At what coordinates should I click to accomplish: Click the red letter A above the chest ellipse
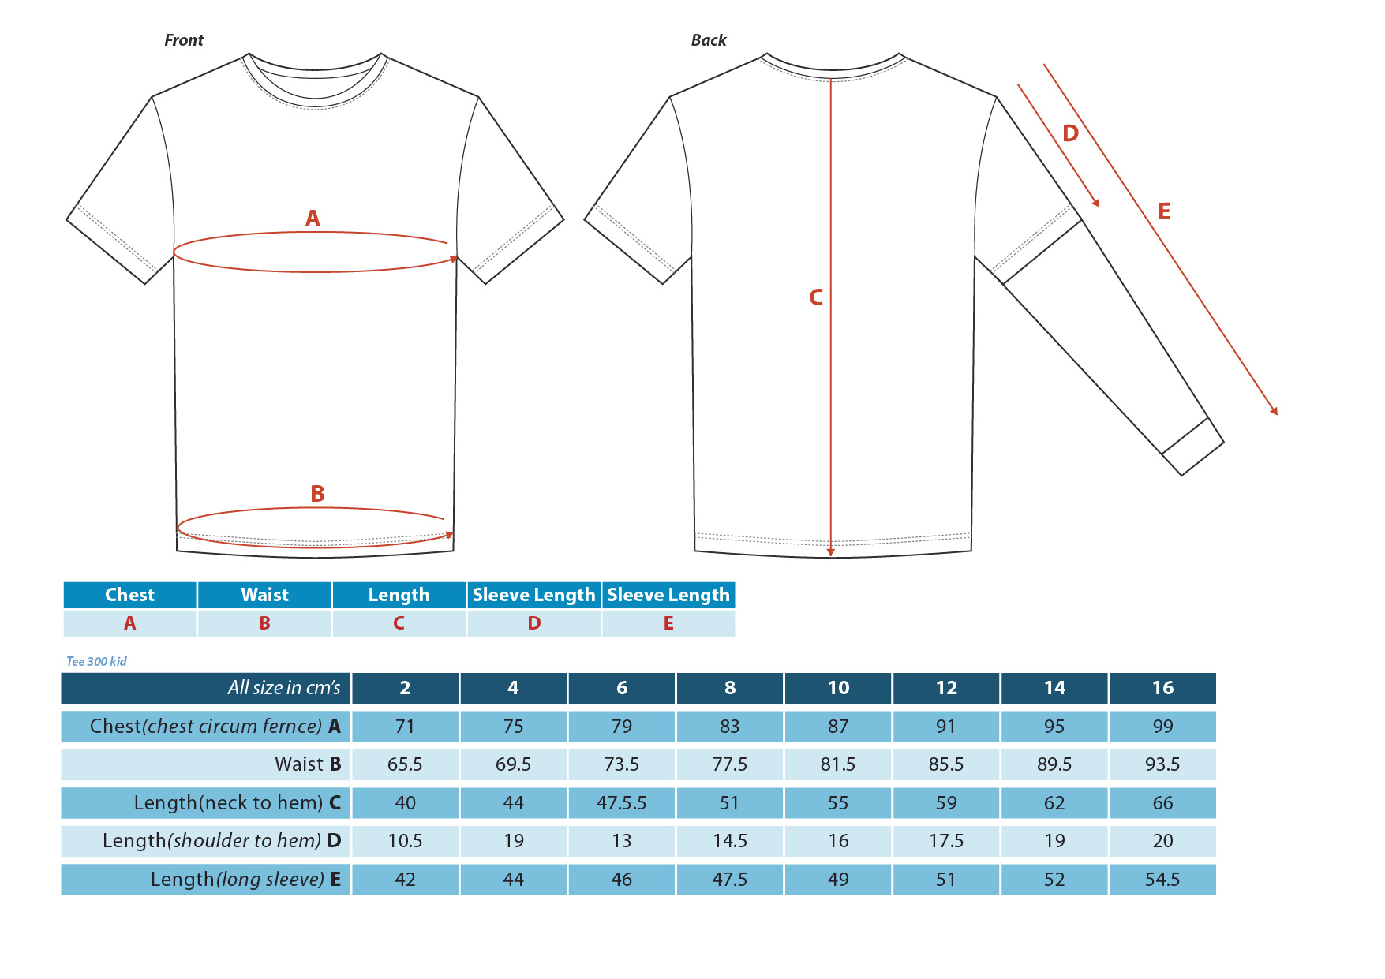(313, 219)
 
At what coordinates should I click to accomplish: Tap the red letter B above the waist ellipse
(317, 494)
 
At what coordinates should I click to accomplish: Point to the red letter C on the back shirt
(816, 297)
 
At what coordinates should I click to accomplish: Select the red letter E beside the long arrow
(1164, 211)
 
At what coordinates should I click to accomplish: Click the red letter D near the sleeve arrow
(1070, 133)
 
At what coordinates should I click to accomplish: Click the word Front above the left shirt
(184, 40)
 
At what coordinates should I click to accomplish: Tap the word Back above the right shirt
(709, 40)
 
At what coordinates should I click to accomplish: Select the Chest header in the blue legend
(130, 595)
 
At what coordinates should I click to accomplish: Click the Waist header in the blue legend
(265, 595)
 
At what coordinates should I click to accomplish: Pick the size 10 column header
(838, 688)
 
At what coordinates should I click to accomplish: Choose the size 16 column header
(1162, 688)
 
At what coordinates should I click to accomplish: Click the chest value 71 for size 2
(405, 727)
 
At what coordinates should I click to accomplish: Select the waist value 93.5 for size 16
(1162, 764)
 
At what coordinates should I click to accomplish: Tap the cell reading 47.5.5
(622, 803)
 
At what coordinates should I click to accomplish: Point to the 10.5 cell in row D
(405, 841)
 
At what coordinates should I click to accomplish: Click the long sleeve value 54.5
(1162, 880)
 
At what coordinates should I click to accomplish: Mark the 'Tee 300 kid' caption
(96, 662)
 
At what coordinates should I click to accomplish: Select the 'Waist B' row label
(308, 764)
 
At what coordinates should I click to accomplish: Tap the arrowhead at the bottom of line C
(831, 553)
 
